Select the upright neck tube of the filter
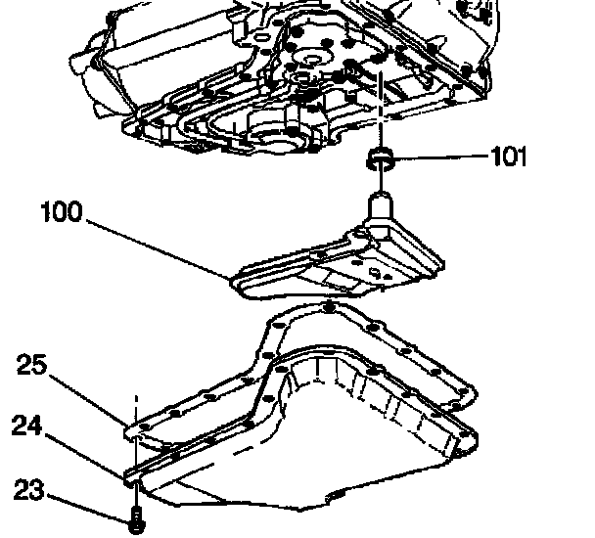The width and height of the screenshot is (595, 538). [x=381, y=208]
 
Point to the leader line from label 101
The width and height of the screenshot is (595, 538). [x=440, y=157]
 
